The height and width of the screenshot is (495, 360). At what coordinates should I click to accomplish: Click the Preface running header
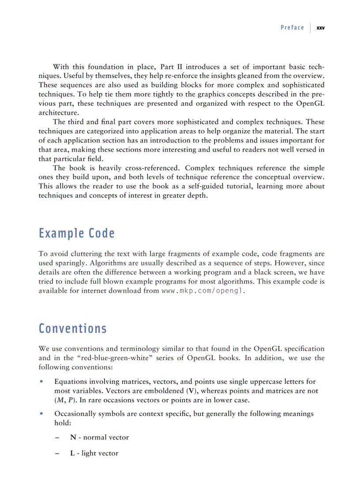[292, 28]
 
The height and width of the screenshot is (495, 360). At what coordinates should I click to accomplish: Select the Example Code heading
[76, 233]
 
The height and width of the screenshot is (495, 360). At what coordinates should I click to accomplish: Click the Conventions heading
[72, 328]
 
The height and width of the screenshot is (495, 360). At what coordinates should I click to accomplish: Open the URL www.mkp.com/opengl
[202, 291]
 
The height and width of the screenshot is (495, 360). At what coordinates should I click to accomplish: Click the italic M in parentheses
[60, 400]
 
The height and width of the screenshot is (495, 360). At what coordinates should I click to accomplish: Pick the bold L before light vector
[72, 453]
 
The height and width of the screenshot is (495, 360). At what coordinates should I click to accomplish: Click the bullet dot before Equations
[41, 382]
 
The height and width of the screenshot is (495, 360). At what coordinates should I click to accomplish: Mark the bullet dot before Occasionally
[41, 414]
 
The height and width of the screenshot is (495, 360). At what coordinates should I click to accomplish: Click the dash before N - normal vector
[58, 437]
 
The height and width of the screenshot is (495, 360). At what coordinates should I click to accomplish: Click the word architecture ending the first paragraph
[57, 112]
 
